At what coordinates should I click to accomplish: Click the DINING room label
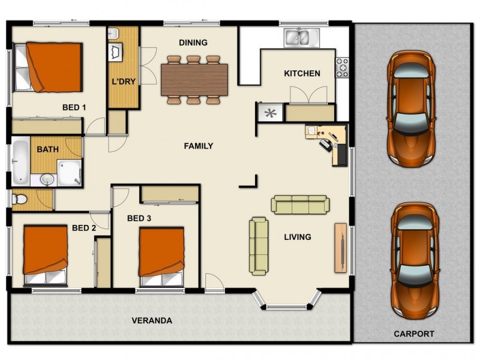pos(193,43)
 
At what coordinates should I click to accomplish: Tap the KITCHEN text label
pos(302,74)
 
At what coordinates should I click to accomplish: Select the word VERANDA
pos(152,321)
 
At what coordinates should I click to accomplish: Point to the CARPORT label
pos(414,334)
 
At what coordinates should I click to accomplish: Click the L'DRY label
pos(124,82)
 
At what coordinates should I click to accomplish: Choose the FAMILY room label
pos(199,146)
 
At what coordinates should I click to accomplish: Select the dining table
pos(194,79)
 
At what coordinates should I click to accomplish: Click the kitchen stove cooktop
pos(343,68)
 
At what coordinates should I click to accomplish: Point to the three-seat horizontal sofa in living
pos(300,205)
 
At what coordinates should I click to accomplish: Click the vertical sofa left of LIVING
pos(259,246)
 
